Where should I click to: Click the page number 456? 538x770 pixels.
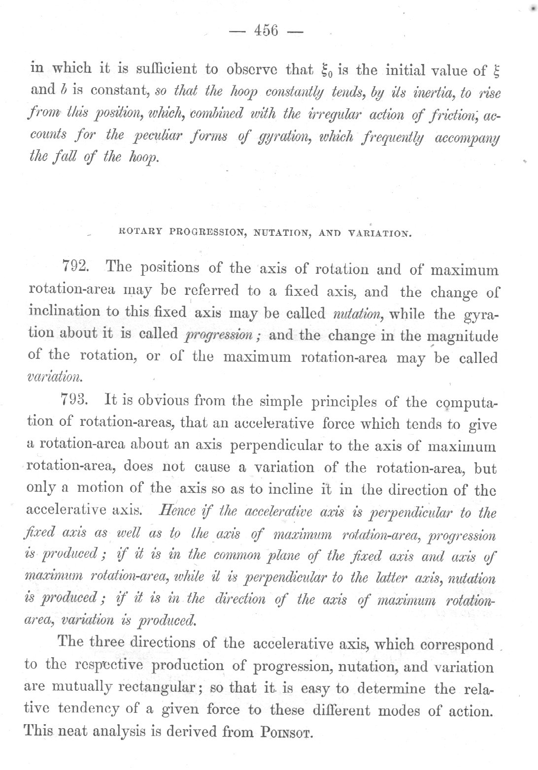(266, 31)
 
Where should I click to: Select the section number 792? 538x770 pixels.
(75, 268)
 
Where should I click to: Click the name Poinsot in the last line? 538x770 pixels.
(285, 732)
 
